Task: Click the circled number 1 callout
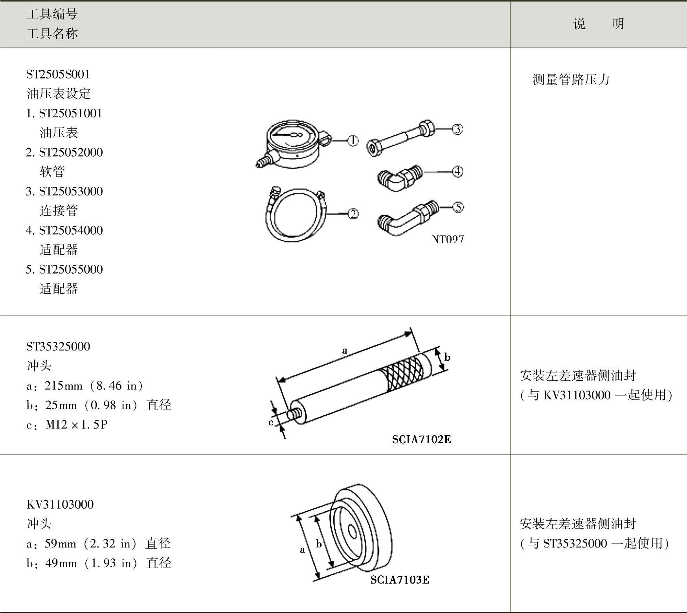353,140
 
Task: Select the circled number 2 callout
353,214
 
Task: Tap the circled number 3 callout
457,129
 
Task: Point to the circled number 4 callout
457,171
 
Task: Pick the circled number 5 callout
458,207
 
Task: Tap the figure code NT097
448,239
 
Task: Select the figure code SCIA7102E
421,439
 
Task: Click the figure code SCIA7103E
400,580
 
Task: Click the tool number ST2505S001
58,74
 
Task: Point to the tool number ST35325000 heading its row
58,346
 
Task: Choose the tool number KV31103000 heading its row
60,504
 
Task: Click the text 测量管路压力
571,80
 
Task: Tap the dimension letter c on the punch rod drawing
271,422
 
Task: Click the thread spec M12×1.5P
76,424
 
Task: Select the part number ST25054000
71,230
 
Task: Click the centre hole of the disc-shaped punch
352,533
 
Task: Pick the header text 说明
599,24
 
